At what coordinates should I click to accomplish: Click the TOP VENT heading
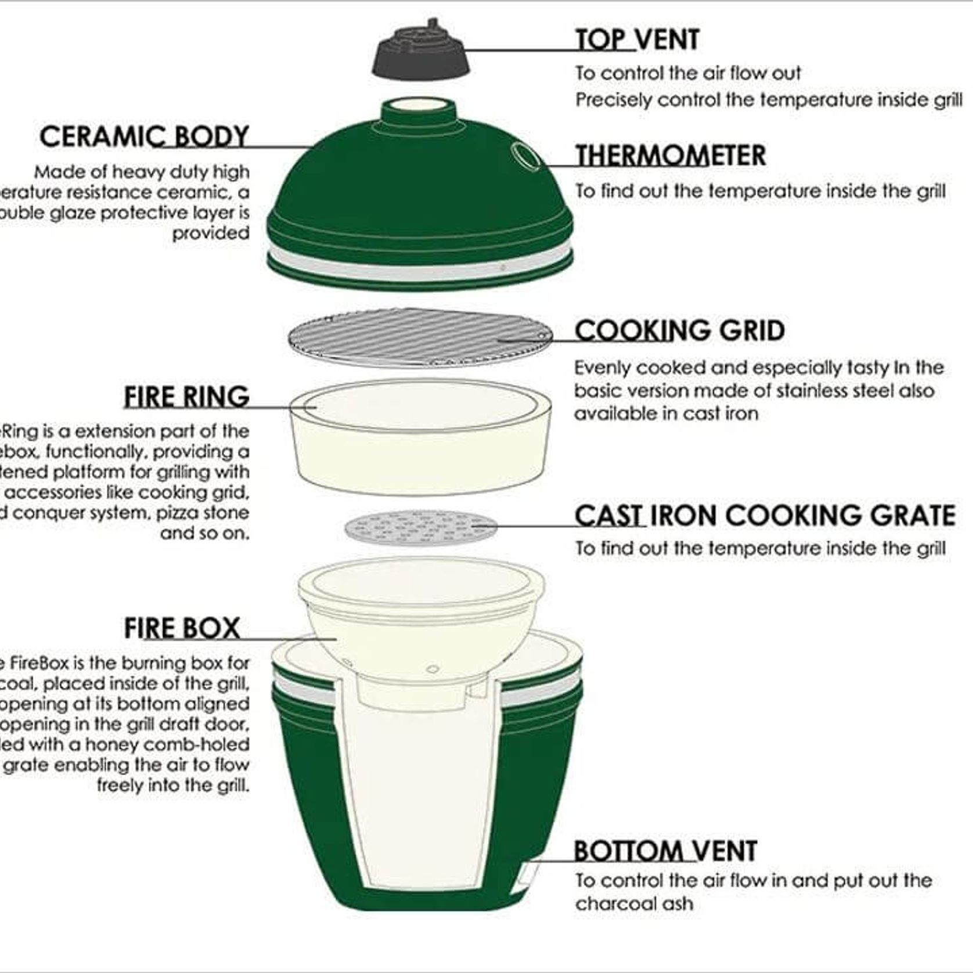click(637, 40)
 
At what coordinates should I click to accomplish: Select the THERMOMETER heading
click(670, 156)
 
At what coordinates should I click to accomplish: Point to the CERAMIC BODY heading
click(144, 137)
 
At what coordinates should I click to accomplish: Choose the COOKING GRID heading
click(679, 330)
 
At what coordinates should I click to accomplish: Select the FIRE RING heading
click(186, 397)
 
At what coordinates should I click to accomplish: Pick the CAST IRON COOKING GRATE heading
click(765, 516)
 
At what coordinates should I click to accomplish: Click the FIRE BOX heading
click(182, 628)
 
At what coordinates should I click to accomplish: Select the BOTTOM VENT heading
click(665, 851)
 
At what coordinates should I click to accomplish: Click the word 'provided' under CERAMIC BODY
click(210, 233)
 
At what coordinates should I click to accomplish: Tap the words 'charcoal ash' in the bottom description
click(634, 904)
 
